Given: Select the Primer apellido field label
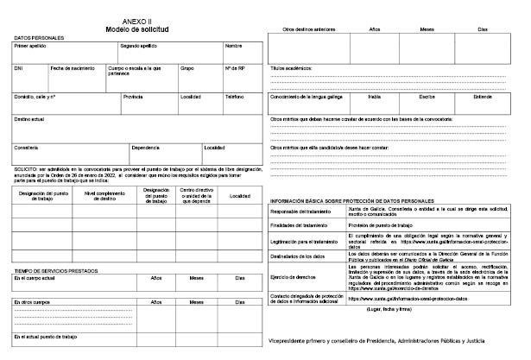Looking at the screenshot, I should point(31,46).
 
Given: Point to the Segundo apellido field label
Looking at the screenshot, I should point(140,46).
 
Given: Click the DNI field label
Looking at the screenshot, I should point(19,67).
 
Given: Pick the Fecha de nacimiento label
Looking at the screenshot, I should point(71,67).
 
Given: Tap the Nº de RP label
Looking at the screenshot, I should point(234,67).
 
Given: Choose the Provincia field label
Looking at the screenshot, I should point(133,97).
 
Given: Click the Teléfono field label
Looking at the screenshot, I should point(235,97).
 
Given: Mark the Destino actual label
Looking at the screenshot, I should point(29,118).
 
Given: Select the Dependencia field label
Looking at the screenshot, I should point(146,147).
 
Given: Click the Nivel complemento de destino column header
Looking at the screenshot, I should point(106,195).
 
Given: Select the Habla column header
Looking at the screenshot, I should point(375,96).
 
